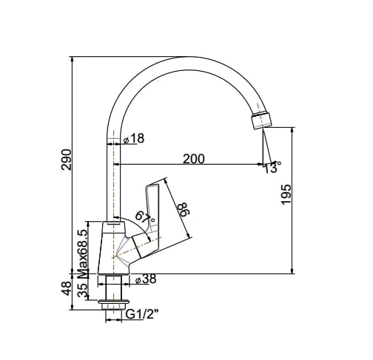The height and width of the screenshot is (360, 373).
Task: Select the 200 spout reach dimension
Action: point(195,158)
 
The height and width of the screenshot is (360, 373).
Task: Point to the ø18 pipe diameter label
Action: point(134,139)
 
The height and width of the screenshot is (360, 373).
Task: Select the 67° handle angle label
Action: point(145,218)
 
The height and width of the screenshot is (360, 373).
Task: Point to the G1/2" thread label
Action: point(141,316)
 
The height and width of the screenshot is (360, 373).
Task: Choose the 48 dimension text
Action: point(66,288)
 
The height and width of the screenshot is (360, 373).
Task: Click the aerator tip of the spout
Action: point(261,120)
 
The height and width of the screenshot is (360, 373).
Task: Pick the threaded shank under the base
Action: point(116,287)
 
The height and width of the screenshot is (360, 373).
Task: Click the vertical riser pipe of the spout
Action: point(112,177)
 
